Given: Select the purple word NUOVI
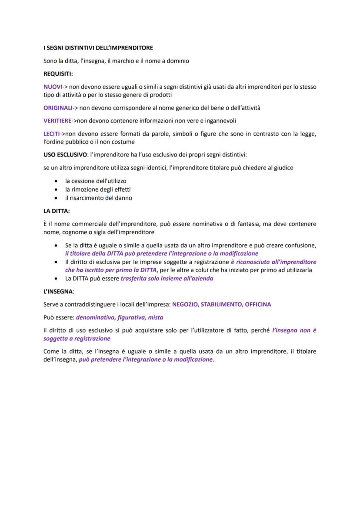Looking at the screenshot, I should coord(52,87).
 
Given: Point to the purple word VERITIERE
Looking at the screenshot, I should coord(57,121).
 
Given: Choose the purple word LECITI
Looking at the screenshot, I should coord(51,134).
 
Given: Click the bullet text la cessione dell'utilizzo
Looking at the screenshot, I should coord(96,180).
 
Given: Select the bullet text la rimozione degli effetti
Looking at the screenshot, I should coord(98,189).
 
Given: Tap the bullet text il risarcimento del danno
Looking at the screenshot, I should coord(99,198).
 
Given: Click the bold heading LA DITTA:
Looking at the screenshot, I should coord(57,211).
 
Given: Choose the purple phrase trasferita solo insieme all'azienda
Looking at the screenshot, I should coord(167,279).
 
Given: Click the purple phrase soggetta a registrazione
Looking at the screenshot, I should coord(77,339).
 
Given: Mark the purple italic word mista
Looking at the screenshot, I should coord(156,317).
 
